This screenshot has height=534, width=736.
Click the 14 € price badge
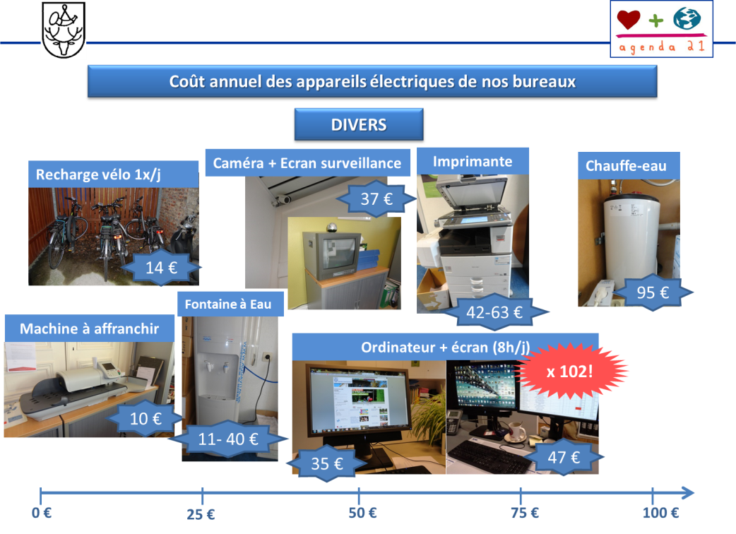tap(161, 268)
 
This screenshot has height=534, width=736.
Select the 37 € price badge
tap(376, 199)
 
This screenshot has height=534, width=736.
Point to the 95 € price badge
tap(653, 292)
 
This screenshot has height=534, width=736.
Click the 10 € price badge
tap(146, 418)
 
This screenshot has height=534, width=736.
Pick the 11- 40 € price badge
tap(228, 439)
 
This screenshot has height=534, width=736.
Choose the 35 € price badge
tap(327, 464)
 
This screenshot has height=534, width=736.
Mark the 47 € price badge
tap(564, 457)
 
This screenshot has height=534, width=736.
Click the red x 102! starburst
tap(570, 370)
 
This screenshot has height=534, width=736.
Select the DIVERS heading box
tap(358, 125)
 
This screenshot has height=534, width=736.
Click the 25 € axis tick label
tap(201, 514)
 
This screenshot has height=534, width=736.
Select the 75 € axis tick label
tap(525, 513)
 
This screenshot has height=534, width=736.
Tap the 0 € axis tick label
tap(42, 513)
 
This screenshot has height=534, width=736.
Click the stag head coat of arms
tap(64, 30)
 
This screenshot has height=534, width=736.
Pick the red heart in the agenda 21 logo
tap(628, 20)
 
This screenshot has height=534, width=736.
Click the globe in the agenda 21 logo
tap(687, 18)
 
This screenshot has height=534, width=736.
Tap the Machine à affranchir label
tap(89, 328)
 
